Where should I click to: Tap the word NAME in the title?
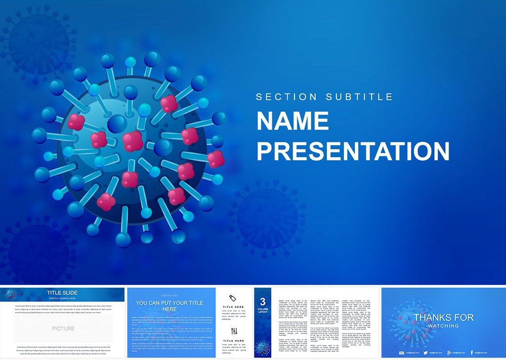click(293, 122)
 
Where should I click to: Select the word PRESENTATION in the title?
click(353, 151)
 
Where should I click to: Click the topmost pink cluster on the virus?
click(169, 103)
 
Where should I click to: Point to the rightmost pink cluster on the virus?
click(215, 159)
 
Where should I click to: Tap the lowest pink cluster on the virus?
click(106, 201)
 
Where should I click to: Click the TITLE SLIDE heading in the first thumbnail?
click(62, 293)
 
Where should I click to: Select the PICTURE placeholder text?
click(63, 328)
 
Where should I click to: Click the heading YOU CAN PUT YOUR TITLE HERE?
click(169, 306)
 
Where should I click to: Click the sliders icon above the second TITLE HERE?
click(234, 331)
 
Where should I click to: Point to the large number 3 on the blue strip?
click(263, 302)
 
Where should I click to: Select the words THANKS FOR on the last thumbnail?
click(443, 317)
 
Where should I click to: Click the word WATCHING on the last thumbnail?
click(443, 325)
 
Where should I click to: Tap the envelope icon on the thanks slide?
click(401, 352)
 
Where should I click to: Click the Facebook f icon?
click(472, 352)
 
